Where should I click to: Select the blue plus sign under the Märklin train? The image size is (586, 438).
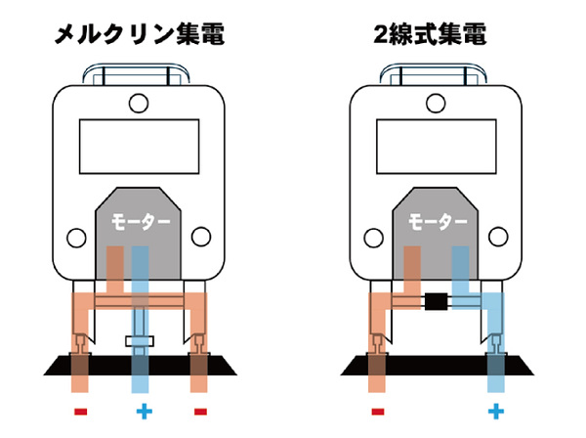tap(142, 411)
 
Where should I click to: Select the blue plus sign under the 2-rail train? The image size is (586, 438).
tap(495, 411)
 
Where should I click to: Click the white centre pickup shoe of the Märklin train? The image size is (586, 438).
tap(142, 340)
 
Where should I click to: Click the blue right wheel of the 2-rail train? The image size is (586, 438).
tap(495, 342)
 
